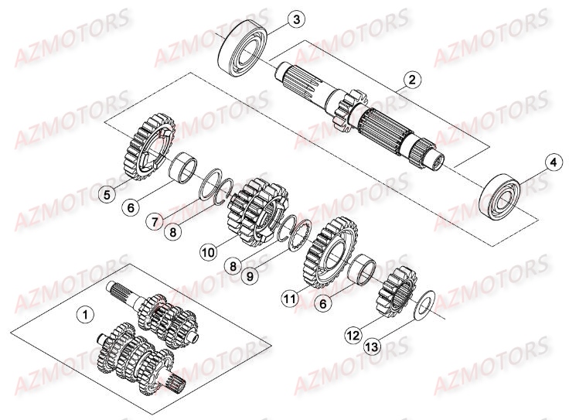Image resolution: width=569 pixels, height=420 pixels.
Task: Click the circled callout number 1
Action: click(86, 314)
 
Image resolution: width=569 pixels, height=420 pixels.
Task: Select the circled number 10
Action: click(207, 251)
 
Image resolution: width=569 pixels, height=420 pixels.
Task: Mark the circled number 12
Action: click(353, 335)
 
